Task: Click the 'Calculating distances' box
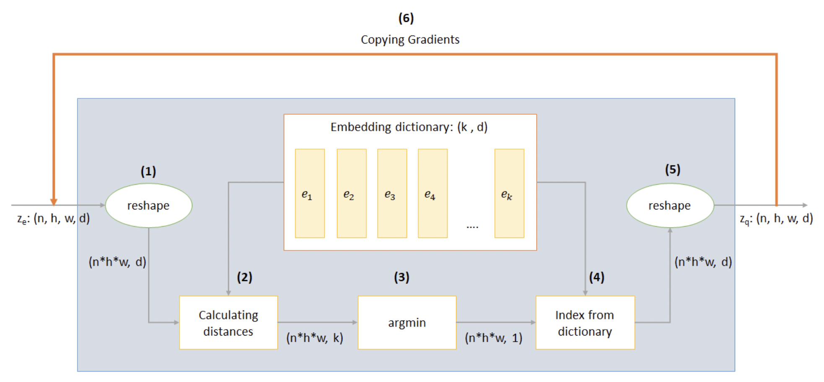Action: [228, 323]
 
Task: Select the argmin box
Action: [407, 323]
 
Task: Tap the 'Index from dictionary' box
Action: [585, 323]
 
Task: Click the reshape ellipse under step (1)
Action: [148, 205]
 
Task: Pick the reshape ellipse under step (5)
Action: [669, 205]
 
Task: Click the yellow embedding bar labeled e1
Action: [309, 194]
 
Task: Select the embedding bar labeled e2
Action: [351, 194]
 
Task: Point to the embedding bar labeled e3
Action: [392, 194]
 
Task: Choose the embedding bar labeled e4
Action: [432, 194]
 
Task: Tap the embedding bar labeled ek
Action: [509, 194]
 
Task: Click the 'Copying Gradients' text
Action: [410, 40]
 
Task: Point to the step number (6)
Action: [406, 18]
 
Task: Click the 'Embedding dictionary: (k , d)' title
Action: [409, 127]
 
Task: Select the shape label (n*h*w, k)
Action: [314, 338]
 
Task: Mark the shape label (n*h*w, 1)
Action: [493, 338]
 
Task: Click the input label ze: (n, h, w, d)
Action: [53, 219]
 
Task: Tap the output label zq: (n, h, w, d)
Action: [776, 219]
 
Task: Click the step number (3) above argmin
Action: [401, 277]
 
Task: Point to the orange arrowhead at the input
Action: [54, 202]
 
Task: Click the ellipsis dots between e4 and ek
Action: [472, 227]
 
